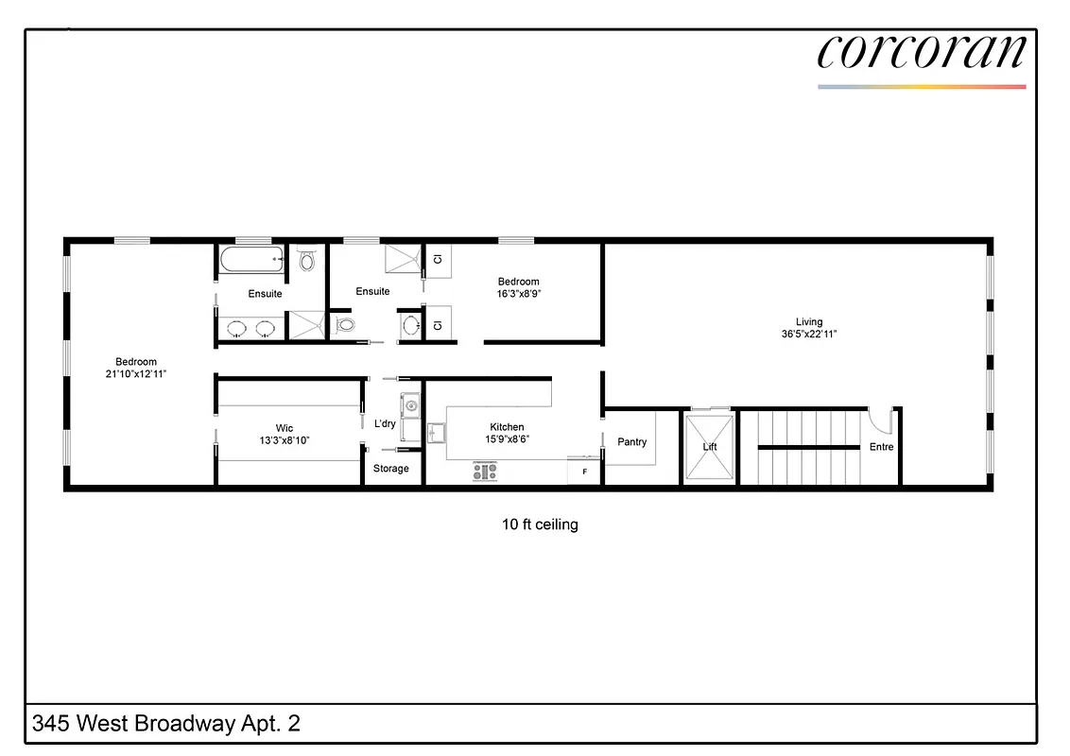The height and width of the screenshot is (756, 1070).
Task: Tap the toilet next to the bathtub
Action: coord(307,260)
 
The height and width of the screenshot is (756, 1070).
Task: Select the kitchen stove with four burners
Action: coord(485,472)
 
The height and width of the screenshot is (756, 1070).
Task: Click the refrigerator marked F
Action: coord(584,471)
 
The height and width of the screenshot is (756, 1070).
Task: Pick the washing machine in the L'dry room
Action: coord(409,406)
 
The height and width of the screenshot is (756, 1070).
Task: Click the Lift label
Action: coord(710,447)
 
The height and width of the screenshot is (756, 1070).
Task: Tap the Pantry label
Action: coord(631,441)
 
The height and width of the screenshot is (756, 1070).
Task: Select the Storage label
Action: coord(391,469)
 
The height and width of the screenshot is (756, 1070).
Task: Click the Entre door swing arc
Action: coord(880,418)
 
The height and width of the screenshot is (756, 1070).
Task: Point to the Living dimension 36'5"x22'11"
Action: coord(809,334)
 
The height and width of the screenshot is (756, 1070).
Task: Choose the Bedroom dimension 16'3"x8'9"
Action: coord(519,294)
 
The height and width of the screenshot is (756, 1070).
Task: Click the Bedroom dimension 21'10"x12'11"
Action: coord(136,374)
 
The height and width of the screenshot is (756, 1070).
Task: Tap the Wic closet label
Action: coord(285,428)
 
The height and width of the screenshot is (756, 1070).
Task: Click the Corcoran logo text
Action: coord(921,52)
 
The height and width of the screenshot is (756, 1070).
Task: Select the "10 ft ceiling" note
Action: coord(540,524)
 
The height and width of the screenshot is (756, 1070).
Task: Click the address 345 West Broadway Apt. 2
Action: coord(166,724)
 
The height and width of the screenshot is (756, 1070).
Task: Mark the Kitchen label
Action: coord(507,427)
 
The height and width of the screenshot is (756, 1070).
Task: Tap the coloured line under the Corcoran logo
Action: coord(921,87)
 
